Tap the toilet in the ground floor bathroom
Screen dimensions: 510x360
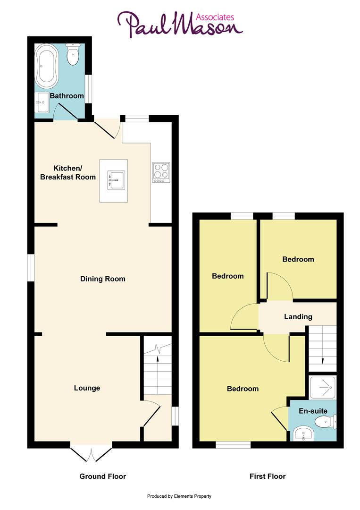[x=73, y=55]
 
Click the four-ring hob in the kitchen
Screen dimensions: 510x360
[x=160, y=172]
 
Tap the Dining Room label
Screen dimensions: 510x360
[x=102, y=279]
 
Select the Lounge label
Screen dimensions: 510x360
[x=87, y=388]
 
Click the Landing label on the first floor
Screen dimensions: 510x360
[x=298, y=316]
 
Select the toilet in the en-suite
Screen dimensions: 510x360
[x=326, y=421]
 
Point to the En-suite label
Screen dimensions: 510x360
[x=313, y=411]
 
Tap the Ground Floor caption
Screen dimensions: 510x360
[x=102, y=476]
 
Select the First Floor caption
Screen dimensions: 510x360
[x=268, y=476]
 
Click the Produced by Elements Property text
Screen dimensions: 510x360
[x=179, y=496]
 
